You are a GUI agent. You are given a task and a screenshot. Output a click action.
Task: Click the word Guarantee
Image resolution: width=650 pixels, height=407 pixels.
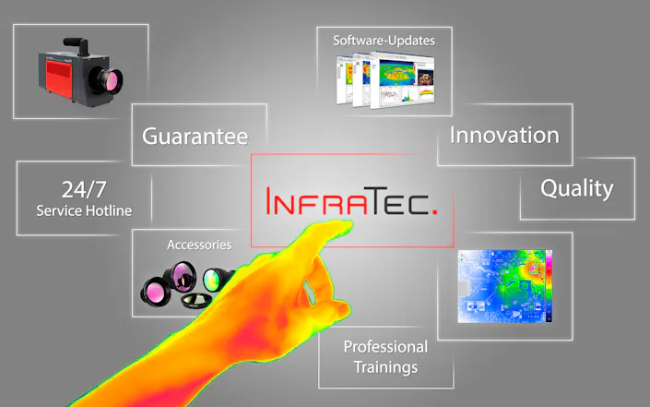pyautogui.click(x=195, y=138)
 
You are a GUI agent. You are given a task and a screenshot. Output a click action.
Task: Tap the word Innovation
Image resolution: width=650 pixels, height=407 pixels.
pyautogui.click(x=504, y=135)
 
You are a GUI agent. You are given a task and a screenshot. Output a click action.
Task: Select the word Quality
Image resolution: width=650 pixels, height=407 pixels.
pyautogui.click(x=576, y=189)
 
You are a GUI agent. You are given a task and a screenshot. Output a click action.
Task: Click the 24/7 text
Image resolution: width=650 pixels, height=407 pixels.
pyautogui.click(x=84, y=191)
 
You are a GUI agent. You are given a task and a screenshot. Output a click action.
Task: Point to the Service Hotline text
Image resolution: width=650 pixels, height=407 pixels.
pyautogui.click(x=84, y=211)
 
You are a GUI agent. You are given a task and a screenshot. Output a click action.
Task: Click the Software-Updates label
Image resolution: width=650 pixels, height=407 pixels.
pyautogui.click(x=384, y=41)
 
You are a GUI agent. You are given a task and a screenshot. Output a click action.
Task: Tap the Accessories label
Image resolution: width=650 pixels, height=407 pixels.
pyautogui.click(x=198, y=245)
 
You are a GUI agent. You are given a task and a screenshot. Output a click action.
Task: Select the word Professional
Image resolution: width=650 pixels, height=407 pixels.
pyautogui.click(x=385, y=347)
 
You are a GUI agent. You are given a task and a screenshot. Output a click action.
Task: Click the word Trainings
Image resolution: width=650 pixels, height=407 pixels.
pyautogui.click(x=385, y=367)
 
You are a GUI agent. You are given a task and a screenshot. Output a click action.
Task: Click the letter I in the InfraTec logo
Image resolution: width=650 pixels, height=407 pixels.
pyautogui.click(x=270, y=201)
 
